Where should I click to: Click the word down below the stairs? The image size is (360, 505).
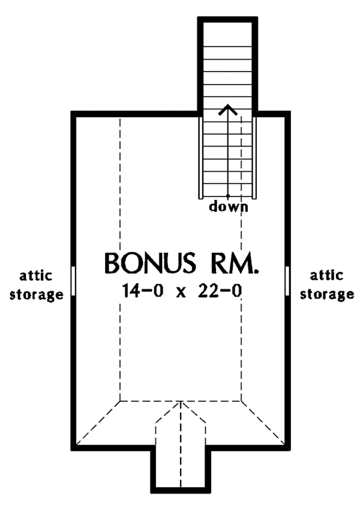tap(228, 207)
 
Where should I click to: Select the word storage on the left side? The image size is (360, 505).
tap(36, 295)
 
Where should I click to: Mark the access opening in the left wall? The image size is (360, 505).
tap(73, 281)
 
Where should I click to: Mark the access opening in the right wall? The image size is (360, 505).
tap(288, 281)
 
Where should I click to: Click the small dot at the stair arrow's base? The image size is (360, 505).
tap(228, 196)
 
